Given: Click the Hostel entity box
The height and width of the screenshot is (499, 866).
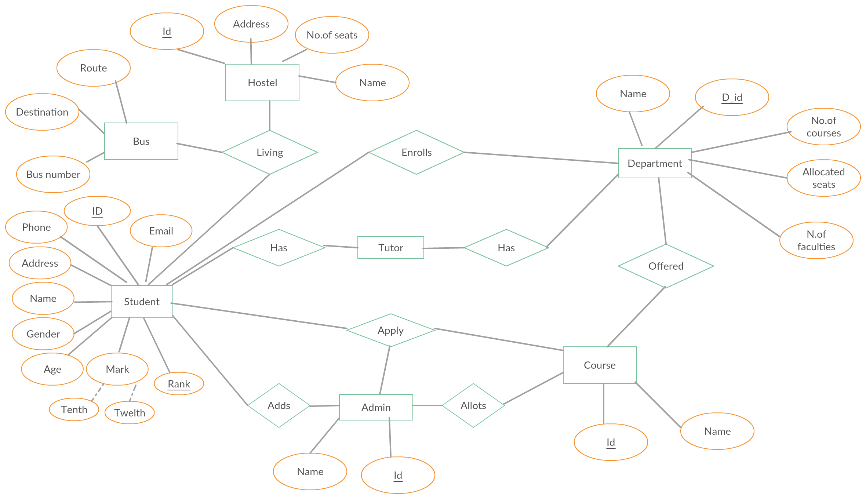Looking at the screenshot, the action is coord(262,83).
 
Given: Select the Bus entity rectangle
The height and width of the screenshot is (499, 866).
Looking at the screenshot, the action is coord(141,141).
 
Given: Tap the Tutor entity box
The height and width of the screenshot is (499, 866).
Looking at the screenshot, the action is coord(391,248).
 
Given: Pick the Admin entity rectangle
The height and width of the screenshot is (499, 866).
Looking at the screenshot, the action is coord(376,407).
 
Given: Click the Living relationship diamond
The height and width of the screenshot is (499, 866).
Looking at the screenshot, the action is coord(270,152).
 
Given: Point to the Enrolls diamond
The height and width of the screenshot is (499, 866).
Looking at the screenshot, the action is coord(416,152).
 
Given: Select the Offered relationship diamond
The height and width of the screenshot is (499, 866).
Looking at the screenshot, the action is coord(666,266).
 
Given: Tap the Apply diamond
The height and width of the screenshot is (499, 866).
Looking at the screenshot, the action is coord(391,330).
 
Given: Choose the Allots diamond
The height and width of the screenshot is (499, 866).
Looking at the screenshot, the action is coord(473,405).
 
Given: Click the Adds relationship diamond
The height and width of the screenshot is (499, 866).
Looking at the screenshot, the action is coord(279,405).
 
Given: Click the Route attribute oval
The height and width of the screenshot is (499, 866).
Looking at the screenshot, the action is coord(94,68).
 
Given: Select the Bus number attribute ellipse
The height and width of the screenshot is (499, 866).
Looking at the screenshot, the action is coord(53,174).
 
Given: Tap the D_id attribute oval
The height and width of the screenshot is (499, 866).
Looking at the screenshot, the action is coord(732,97).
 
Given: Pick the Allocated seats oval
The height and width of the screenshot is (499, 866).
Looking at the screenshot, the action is coord(824,178).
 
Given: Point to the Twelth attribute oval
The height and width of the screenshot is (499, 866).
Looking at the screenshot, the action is coord(130,413).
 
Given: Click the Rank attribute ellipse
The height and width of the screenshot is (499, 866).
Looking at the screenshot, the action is coord(179,384).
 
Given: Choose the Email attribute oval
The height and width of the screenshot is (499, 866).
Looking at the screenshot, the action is coord(161,231).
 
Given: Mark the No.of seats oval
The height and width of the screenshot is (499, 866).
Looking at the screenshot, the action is coord(332,35).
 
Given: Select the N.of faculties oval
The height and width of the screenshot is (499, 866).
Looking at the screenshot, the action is coord(816,240).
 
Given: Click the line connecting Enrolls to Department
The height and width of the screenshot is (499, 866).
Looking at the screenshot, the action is coord(541,158).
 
